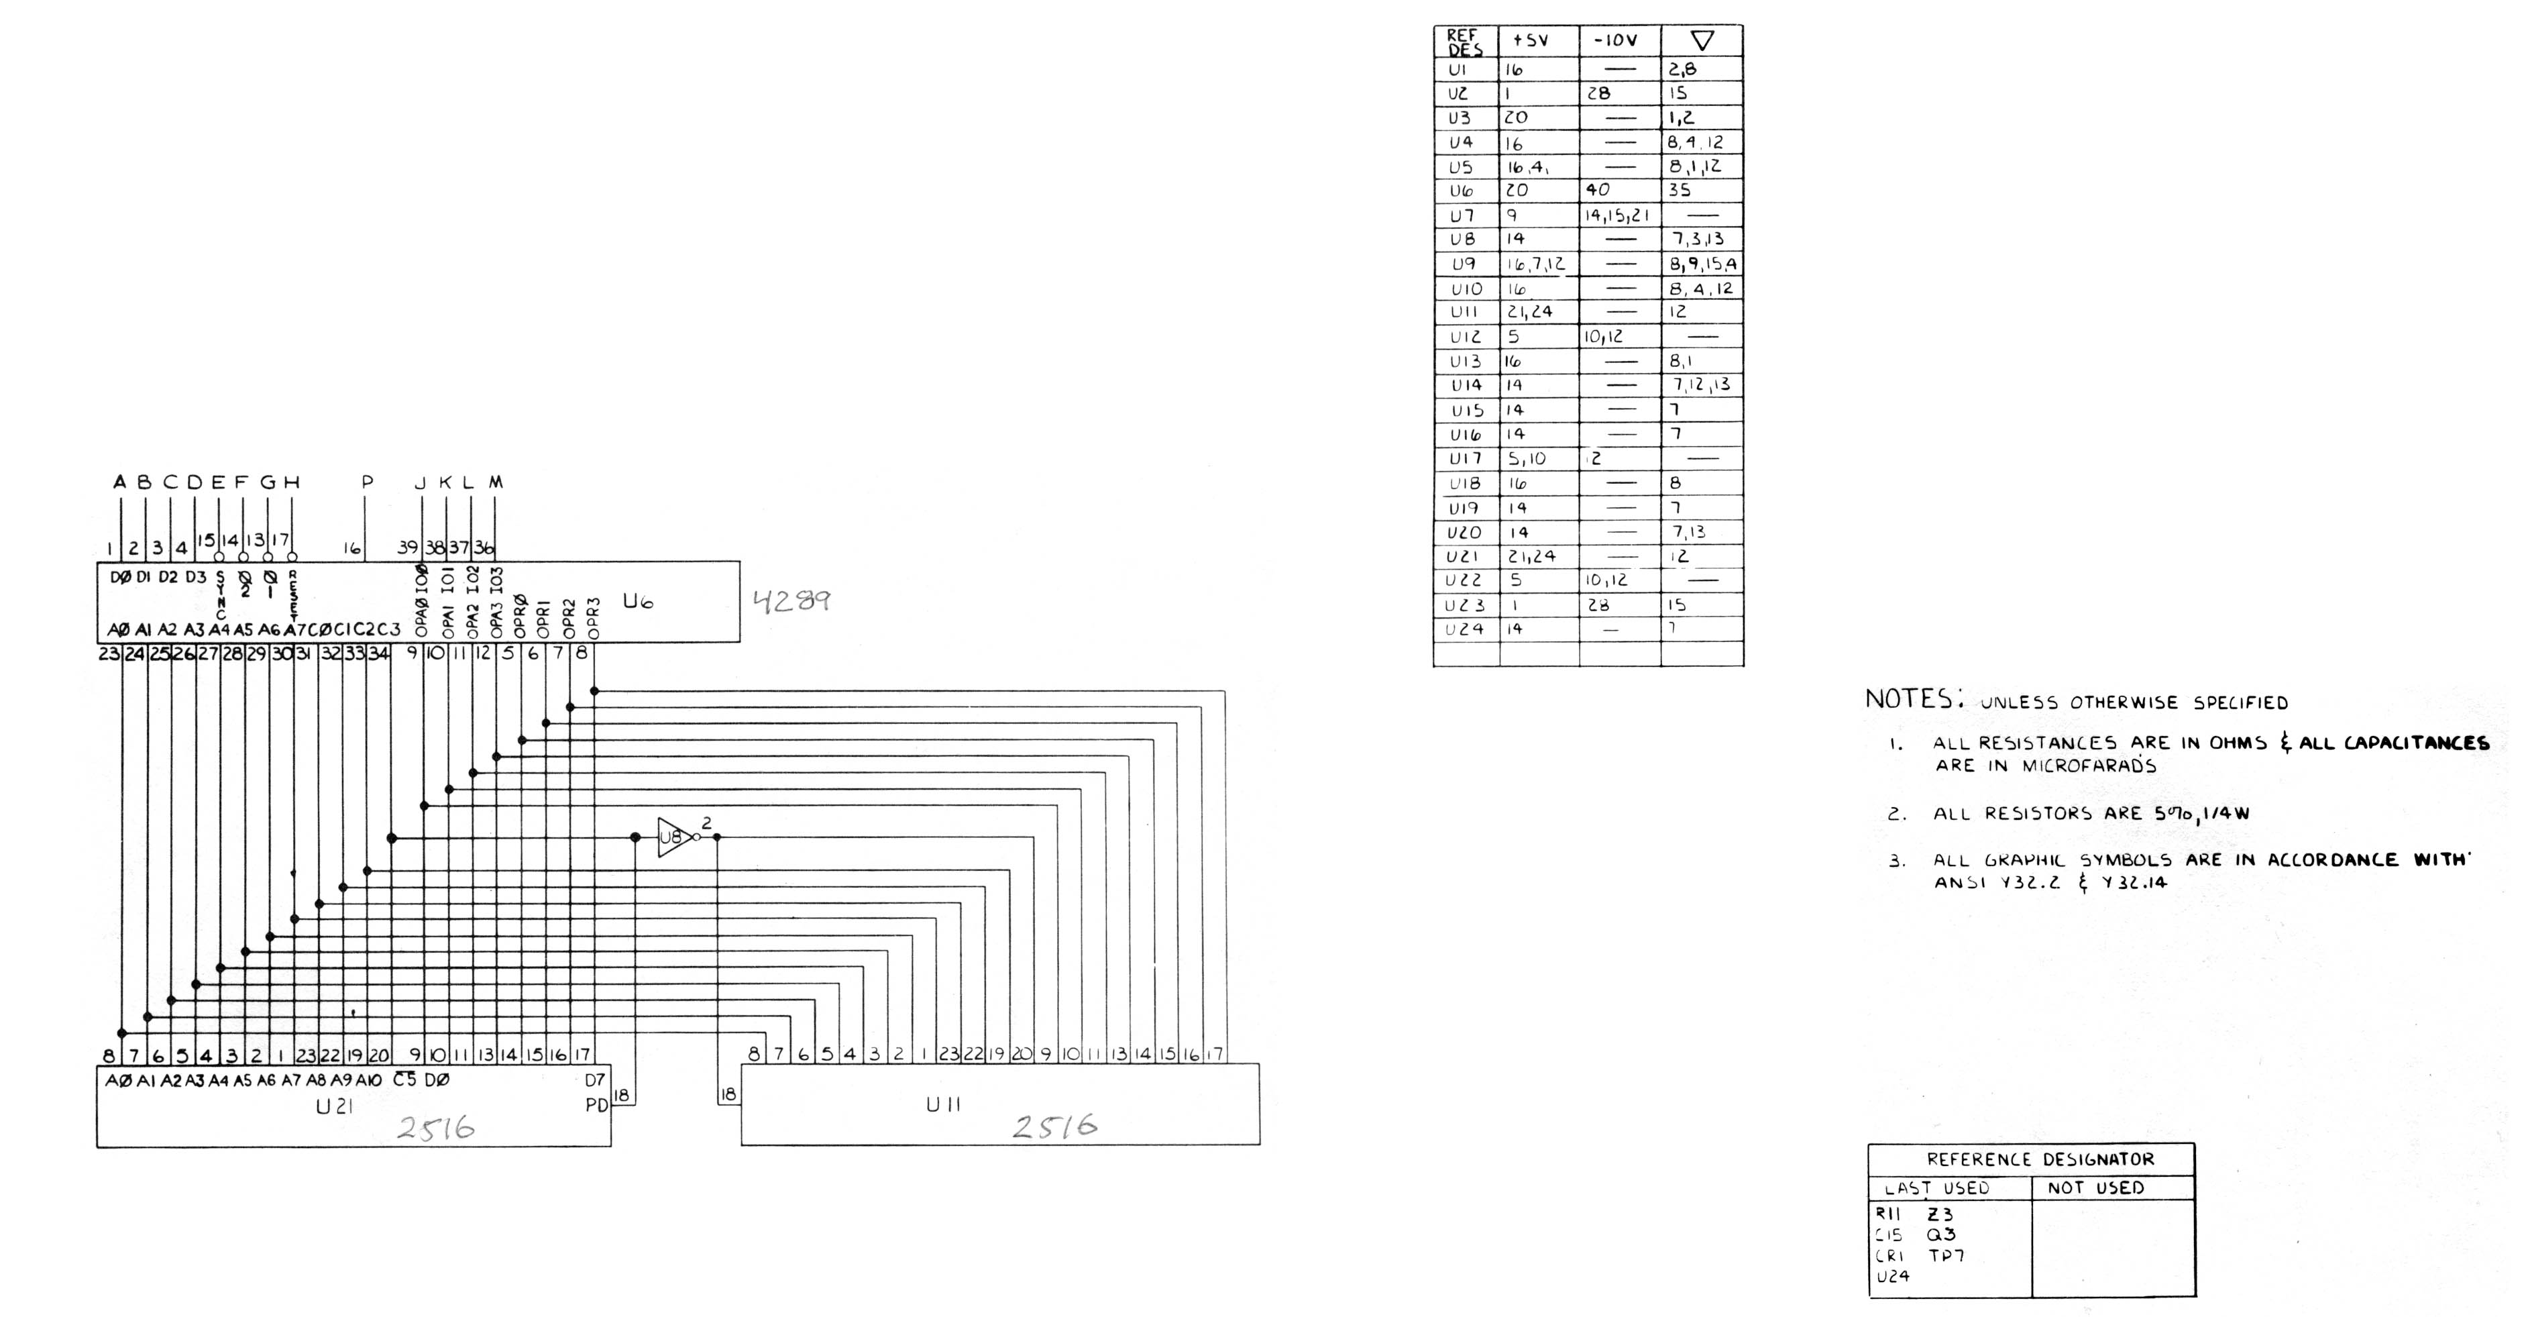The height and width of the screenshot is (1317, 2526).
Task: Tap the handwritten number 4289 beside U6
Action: (791, 600)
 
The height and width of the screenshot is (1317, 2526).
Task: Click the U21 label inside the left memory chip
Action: (335, 1107)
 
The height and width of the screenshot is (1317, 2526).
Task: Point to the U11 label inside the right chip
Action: (943, 1105)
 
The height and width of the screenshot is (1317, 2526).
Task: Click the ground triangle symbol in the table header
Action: (1702, 40)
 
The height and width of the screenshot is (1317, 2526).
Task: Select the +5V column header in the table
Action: (1530, 40)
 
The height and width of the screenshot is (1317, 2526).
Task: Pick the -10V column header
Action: (1615, 40)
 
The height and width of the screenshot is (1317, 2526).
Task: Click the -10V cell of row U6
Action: (1598, 191)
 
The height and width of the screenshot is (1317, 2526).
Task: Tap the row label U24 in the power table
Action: (1464, 629)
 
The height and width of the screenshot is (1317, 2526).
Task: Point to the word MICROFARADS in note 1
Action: (2089, 766)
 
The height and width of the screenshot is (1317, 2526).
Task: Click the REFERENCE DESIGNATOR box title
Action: (2040, 1159)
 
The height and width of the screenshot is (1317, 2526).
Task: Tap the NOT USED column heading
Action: (2095, 1188)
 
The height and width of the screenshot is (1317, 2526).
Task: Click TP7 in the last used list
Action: (1946, 1255)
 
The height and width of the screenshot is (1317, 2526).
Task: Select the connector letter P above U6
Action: (367, 482)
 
